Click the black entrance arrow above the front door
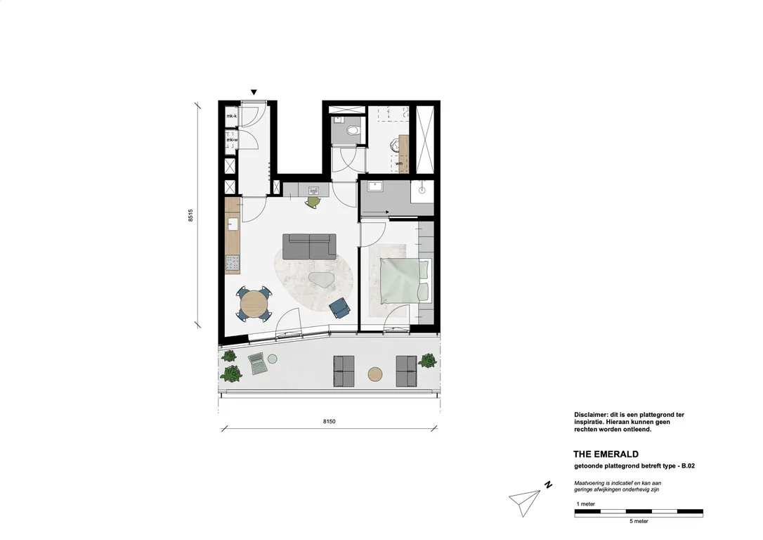254,92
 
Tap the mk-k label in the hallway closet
231,116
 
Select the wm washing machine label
399,164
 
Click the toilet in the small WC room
353,129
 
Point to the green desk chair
313,202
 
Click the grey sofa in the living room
309,246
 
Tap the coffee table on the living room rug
322,280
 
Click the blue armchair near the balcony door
340,307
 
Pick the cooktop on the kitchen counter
233,264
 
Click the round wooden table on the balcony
376,373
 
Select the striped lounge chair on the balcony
256,364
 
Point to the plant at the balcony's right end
427,361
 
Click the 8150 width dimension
329,421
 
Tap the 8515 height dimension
190,215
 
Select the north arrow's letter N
547,484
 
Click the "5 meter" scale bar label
638,521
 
